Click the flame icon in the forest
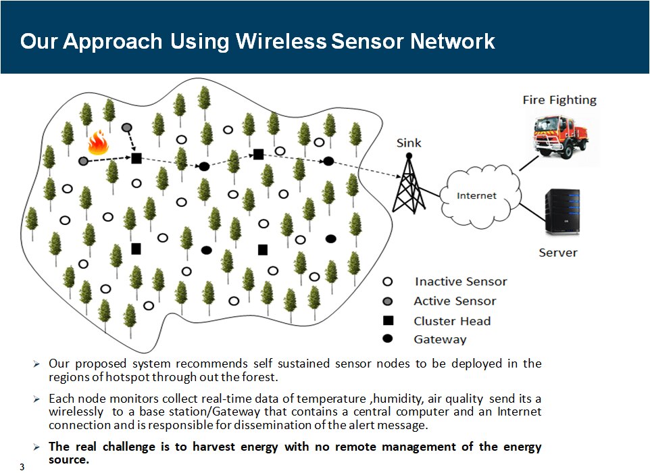99,144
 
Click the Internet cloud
476,196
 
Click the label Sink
408,143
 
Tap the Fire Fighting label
559,100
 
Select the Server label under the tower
558,253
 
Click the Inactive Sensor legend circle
389,282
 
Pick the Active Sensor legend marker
389,301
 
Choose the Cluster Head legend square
389,320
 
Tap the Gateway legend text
440,339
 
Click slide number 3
22,467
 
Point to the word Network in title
453,41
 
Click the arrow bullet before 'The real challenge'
38,447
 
